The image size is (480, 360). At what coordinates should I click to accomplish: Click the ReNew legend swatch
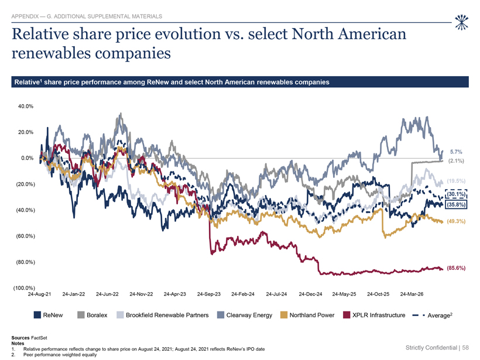coord(37,315)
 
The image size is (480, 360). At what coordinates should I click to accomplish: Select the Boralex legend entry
coord(92,315)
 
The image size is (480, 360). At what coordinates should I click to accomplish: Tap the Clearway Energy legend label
coord(249,315)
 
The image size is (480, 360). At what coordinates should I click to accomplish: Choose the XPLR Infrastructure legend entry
coord(374,315)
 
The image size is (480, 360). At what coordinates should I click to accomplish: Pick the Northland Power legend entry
coord(307,315)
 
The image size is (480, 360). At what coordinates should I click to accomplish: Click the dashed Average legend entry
coord(433,315)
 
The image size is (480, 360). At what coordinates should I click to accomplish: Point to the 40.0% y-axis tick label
coord(26,107)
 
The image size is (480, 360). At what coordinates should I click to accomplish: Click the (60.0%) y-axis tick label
coord(26,236)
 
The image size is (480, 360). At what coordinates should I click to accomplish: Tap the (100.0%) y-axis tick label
coord(24,288)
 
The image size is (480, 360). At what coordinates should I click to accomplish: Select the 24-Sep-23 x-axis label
coord(209,294)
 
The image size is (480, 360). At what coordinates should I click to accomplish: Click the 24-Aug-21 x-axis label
coord(39,294)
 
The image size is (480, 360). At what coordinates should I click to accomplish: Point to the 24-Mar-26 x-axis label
coord(412,294)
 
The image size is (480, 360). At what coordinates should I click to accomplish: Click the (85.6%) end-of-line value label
coord(456,268)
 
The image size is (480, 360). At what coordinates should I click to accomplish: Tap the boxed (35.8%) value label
coord(456,204)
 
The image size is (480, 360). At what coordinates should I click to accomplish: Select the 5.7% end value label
coord(456,152)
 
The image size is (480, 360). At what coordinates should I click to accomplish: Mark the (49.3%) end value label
coord(456,221)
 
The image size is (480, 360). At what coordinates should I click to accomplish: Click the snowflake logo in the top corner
coord(462,23)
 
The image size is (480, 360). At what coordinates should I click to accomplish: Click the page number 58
coord(465,348)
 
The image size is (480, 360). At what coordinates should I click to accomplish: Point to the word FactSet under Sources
coord(39,338)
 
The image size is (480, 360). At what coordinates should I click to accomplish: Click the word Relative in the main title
coord(40,34)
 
